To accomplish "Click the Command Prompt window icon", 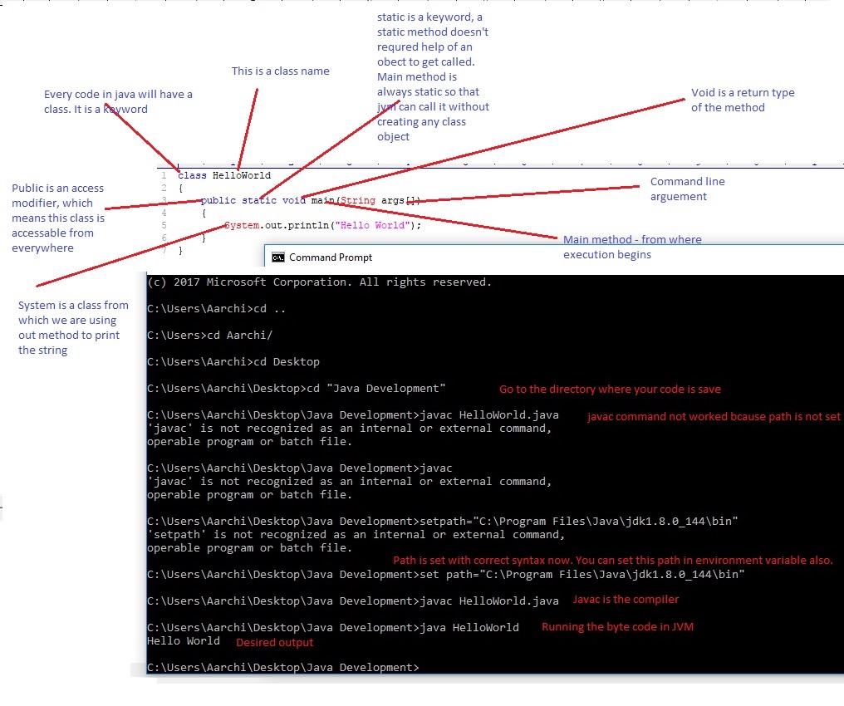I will pyautogui.click(x=278, y=257).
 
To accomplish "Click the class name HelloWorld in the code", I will pyautogui.click(x=241, y=176).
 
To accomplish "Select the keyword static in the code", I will pyautogui.click(x=259, y=201).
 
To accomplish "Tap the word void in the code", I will pyautogui.click(x=294, y=201).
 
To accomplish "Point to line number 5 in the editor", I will pyautogui.click(x=164, y=225).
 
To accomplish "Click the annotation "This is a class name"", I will pyautogui.click(x=280, y=71).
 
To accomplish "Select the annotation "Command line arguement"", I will pyautogui.click(x=687, y=189).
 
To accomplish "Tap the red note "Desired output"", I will pyautogui.click(x=275, y=642).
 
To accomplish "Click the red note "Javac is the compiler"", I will pyautogui.click(x=626, y=600).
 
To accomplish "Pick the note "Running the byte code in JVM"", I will pyautogui.click(x=617, y=627).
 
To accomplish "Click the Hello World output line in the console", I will pyautogui.click(x=184, y=640).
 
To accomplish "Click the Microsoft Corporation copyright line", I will pyautogui.click(x=319, y=282).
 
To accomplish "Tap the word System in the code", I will pyautogui.click(x=242, y=225).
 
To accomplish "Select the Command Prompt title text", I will pyautogui.click(x=331, y=257).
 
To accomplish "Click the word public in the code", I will pyautogui.click(x=218, y=201).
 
